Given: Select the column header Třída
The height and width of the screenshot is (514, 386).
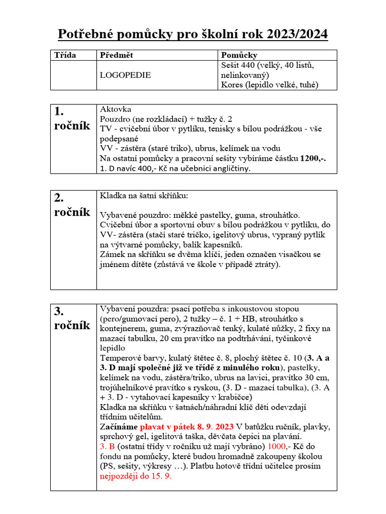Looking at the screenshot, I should coord(65,55).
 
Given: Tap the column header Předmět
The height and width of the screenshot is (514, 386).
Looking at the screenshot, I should coord(117,55).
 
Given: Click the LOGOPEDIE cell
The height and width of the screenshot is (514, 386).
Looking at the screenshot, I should coord(125,75).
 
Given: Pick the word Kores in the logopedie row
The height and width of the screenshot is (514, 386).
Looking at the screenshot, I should coord(231,84).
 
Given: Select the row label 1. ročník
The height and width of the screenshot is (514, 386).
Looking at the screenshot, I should coord(72,118).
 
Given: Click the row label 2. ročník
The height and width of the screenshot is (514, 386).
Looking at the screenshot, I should coord(72,205).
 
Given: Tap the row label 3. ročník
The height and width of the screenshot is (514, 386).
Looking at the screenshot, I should coord(72,318).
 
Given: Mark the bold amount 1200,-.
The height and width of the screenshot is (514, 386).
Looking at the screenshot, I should coord(313,159).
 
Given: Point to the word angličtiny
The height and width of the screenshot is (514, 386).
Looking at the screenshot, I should coord(229,169).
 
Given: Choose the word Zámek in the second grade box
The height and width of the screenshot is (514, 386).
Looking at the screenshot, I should coord(113,254).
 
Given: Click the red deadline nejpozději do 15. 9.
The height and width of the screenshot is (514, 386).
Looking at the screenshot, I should coord(136,476).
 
